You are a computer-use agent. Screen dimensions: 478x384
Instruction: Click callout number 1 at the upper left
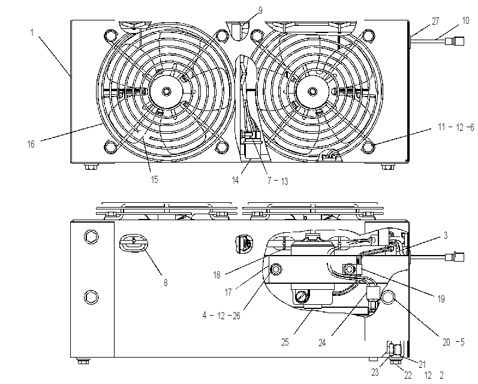32,32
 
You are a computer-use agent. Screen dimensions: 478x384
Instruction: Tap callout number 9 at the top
260,11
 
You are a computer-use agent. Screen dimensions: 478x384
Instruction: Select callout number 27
435,21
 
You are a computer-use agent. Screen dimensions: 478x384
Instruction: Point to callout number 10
465,21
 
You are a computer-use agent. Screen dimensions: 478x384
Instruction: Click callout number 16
31,144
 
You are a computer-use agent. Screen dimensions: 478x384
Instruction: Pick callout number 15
155,179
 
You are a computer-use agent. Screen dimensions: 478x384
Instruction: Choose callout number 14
235,180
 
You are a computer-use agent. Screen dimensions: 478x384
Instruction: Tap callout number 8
166,283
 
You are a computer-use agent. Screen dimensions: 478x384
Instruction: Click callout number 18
217,275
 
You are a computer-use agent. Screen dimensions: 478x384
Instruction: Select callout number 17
228,292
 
